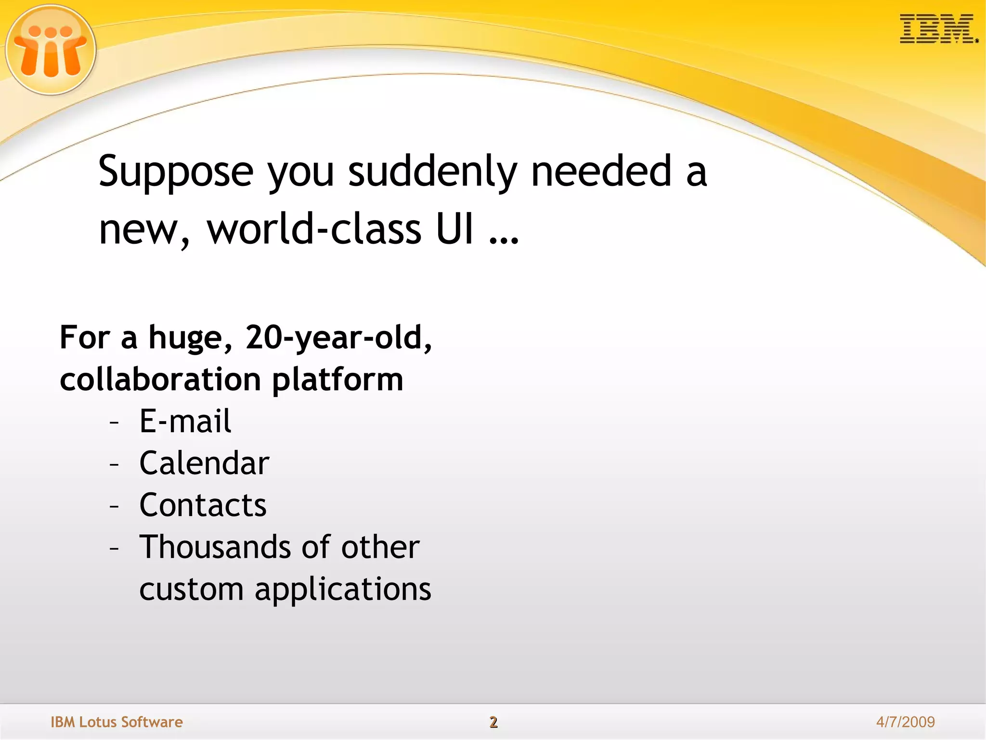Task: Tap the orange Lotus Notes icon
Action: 51,50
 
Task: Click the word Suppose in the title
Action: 176,172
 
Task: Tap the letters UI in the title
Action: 454,229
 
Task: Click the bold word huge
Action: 185,339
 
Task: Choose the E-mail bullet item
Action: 185,421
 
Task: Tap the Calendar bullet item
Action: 204,463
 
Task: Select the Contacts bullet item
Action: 203,505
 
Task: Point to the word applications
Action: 342,590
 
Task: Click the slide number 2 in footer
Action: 493,722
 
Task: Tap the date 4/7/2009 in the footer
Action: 905,722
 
